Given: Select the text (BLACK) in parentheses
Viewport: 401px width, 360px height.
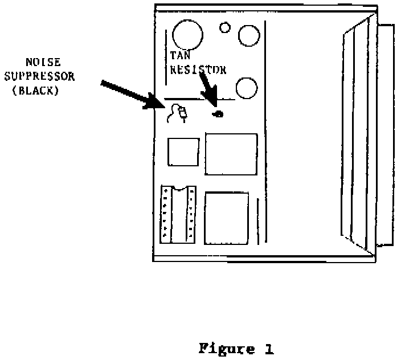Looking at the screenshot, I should click(x=35, y=90).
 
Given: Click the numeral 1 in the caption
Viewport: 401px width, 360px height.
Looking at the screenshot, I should click(x=269, y=349).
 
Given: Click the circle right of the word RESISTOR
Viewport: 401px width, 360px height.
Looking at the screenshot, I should click(x=247, y=88).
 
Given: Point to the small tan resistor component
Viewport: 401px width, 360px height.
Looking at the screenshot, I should click(x=218, y=114).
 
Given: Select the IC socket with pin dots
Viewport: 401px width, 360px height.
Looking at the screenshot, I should click(x=178, y=212).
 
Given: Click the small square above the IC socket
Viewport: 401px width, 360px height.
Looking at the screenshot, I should click(x=183, y=152).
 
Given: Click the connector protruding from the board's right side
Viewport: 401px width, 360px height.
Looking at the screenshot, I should click(x=385, y=134).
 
